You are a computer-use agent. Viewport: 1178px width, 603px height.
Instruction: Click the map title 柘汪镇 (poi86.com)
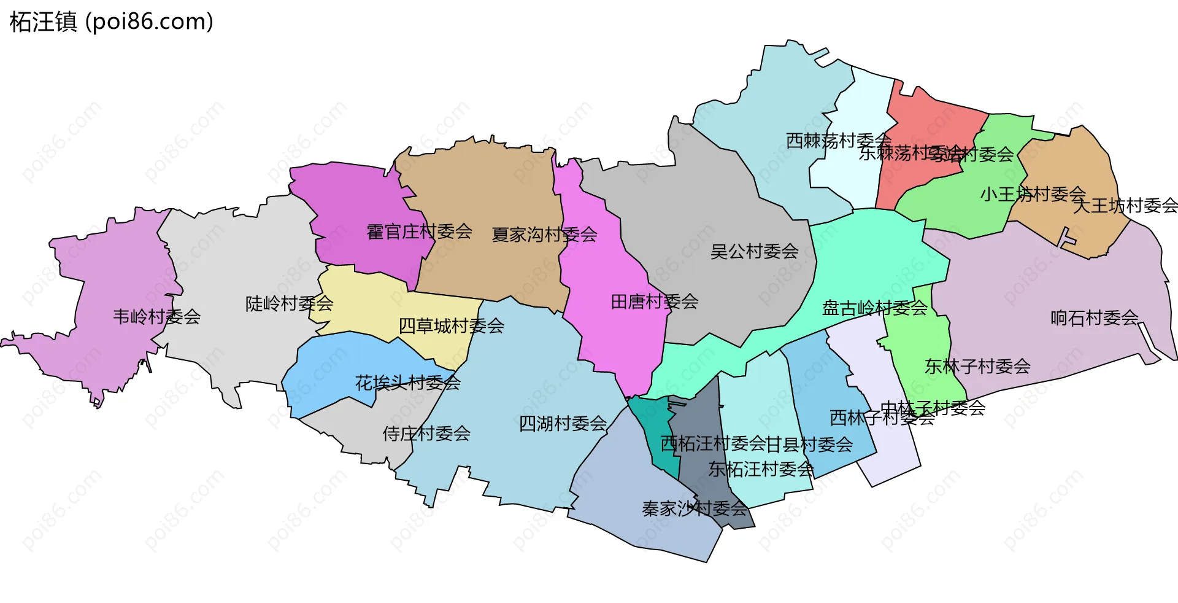tap(112, 22)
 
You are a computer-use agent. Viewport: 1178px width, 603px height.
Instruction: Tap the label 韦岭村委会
tap(156, 317)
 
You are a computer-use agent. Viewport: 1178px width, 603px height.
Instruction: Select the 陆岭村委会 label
tap(289, 303)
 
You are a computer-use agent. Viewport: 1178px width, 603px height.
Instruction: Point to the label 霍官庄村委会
tap(419, 231)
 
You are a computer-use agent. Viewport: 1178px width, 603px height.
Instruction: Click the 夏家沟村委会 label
tap(544, 235)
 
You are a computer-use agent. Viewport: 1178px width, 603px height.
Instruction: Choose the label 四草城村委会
tap(451, 326)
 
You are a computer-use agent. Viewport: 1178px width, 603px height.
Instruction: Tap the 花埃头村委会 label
tap(408, 383)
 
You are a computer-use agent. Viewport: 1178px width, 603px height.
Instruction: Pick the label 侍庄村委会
tap(426, 434)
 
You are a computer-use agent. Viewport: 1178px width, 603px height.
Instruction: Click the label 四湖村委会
tap(563, 424)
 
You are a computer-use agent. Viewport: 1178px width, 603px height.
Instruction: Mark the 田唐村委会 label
tap(655, 301)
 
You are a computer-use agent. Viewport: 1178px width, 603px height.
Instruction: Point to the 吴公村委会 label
tap(754, 251)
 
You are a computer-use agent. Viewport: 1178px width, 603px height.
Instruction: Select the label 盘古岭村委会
tap(874, 308)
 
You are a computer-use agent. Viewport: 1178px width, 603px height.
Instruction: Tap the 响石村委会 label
tap(1095, 318)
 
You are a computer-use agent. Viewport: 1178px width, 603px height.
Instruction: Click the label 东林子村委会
tap(977, 367)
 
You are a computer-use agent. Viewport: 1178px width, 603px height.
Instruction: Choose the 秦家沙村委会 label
tap(695, 508)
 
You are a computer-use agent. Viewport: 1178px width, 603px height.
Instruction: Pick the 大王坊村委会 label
tap(1125, 206)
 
